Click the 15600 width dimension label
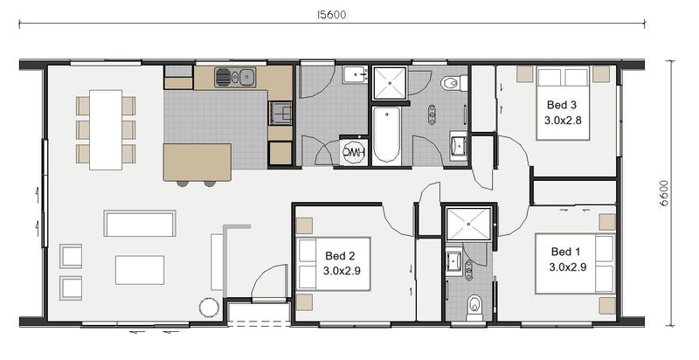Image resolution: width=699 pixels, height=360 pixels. [331, 15]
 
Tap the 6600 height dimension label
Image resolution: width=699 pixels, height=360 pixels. [664, 193]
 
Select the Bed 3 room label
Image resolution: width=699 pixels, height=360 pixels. [561, 105]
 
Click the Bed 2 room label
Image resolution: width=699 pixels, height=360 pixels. [340, 256]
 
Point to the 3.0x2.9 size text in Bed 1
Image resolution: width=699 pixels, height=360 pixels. [567, 267]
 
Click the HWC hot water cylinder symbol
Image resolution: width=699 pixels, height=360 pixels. [354, 152]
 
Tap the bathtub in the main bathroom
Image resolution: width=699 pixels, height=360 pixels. [386, 134]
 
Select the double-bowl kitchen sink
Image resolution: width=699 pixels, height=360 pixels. [235, 77]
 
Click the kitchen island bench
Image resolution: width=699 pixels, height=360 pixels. [197, 163]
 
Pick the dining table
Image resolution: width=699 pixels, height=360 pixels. [106, 129]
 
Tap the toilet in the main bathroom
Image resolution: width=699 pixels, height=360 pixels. [453, 83]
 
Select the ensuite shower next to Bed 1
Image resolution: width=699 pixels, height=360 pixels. [468, 224]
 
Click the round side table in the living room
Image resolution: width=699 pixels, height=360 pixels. [209, 308]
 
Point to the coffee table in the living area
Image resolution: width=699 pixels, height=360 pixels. [140, 269]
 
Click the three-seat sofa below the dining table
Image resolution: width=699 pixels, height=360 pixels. [140, 223]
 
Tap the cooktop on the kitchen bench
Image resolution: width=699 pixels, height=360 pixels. [280, 113]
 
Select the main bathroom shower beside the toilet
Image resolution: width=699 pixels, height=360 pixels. [390, 83]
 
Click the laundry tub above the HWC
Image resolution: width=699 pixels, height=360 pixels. [355, 75]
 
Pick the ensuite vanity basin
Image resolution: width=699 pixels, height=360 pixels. [454, 260]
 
